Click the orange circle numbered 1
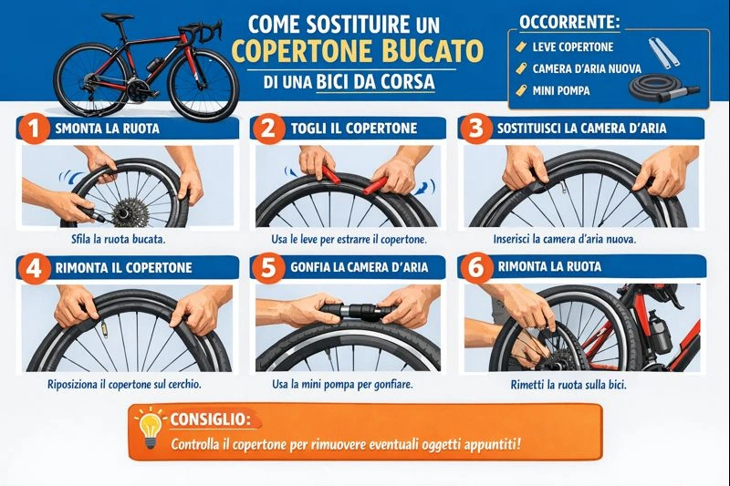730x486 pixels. coord(34,128)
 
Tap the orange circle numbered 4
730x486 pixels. coord(34,268)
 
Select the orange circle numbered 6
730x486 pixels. coord(475,267)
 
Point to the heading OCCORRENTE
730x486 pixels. coord(569,22)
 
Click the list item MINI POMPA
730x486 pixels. coord(560,90)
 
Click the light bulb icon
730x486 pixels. coord(150,427)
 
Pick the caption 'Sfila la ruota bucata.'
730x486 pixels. coord(119,240)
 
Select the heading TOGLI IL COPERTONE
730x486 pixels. coord(354,128)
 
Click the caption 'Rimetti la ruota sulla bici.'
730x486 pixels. coord(568,385)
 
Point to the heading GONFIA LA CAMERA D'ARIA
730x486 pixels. coord(359,267)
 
